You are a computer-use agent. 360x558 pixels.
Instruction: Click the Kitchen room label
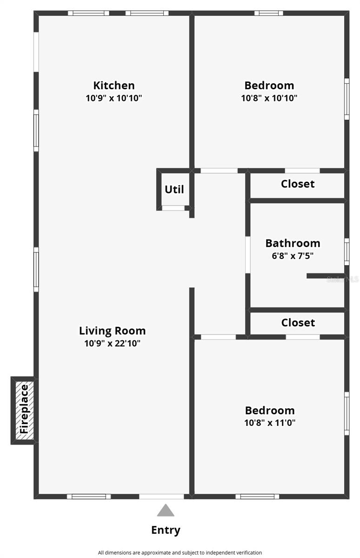coord(114,86)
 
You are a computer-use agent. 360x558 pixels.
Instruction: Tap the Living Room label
coord(112,331)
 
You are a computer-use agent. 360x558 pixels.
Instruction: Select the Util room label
coord(174,189)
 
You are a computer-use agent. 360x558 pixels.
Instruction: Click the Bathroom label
coord(293,243)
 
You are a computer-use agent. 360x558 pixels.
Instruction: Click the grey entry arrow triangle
coord(165,511)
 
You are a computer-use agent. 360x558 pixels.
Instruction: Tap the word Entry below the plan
coord(166,530)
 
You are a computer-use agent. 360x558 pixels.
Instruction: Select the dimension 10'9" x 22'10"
coord(112,344)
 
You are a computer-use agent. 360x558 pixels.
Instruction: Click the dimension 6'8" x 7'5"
coord(293,255)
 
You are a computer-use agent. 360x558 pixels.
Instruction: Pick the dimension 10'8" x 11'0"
coord(270,423)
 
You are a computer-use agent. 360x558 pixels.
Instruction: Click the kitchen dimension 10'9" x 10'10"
coord(114,98)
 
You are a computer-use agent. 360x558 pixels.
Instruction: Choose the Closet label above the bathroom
coord(298,184)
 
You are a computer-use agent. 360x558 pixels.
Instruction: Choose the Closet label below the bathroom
coord(298,322)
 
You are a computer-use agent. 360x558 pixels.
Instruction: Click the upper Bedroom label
coord(269,86)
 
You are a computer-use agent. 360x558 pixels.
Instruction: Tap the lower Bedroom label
coord(270,411)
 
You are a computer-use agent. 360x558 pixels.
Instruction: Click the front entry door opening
coord(162,496)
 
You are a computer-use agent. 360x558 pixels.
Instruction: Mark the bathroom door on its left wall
coord(248,254)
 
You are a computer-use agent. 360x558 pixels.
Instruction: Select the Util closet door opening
coord(173,208)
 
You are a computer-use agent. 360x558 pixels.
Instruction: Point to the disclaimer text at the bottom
coord(180,552)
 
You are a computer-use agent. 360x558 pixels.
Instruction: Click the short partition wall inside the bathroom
coord(325,276)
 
